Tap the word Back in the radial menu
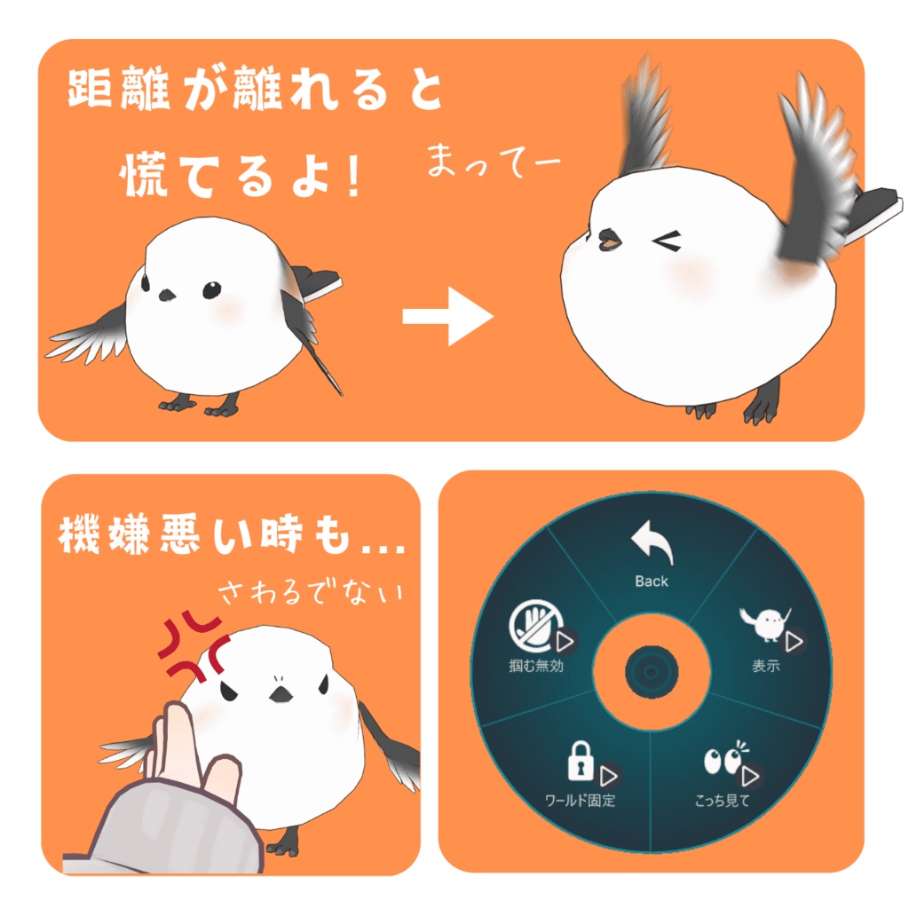pos(652,581)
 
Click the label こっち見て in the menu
pos(722,801)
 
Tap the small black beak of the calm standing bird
pos(166,295)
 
